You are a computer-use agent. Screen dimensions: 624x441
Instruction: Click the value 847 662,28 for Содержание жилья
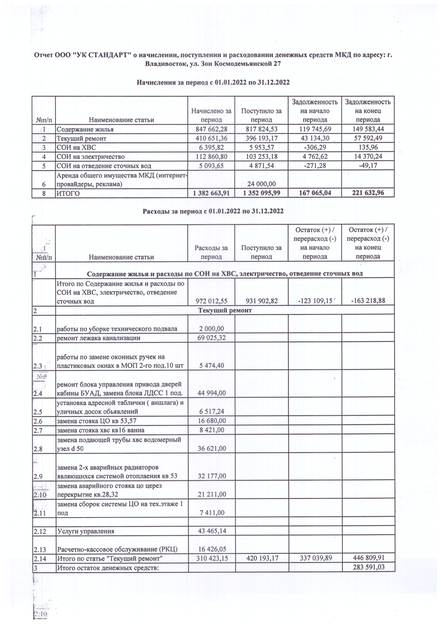[x=211, y=129]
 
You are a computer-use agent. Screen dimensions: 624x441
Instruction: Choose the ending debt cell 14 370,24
[x=368, y=157]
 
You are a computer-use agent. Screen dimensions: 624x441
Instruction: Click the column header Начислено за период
[x=211, y=115]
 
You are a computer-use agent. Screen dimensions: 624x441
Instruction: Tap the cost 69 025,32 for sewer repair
[x=211, y=338]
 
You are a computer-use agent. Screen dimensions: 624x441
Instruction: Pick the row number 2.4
[x=38, y=393]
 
